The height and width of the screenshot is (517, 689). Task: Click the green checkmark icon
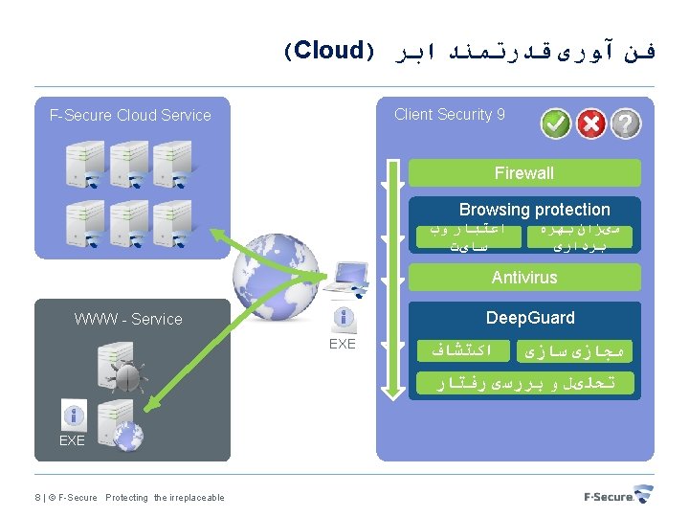[556, 124]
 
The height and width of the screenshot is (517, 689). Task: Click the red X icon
[591, 124]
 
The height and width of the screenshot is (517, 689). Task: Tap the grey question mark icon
[626, 124]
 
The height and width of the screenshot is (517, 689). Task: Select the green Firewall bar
[524, 173]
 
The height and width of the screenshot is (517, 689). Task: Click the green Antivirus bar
[524, 278]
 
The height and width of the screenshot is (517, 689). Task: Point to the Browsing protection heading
[534, 210]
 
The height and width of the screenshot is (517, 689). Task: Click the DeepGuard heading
[530, 318]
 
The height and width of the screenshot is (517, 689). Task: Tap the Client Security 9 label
[450, 115]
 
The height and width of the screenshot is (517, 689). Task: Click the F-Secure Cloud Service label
[130, 116]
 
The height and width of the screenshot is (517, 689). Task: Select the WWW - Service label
[128, 319]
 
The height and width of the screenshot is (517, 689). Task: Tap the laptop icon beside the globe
[346, 279]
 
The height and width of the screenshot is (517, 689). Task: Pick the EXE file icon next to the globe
[342, 320]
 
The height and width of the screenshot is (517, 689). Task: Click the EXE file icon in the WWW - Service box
[72, 416]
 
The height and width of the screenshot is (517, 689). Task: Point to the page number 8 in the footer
[37, 497]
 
